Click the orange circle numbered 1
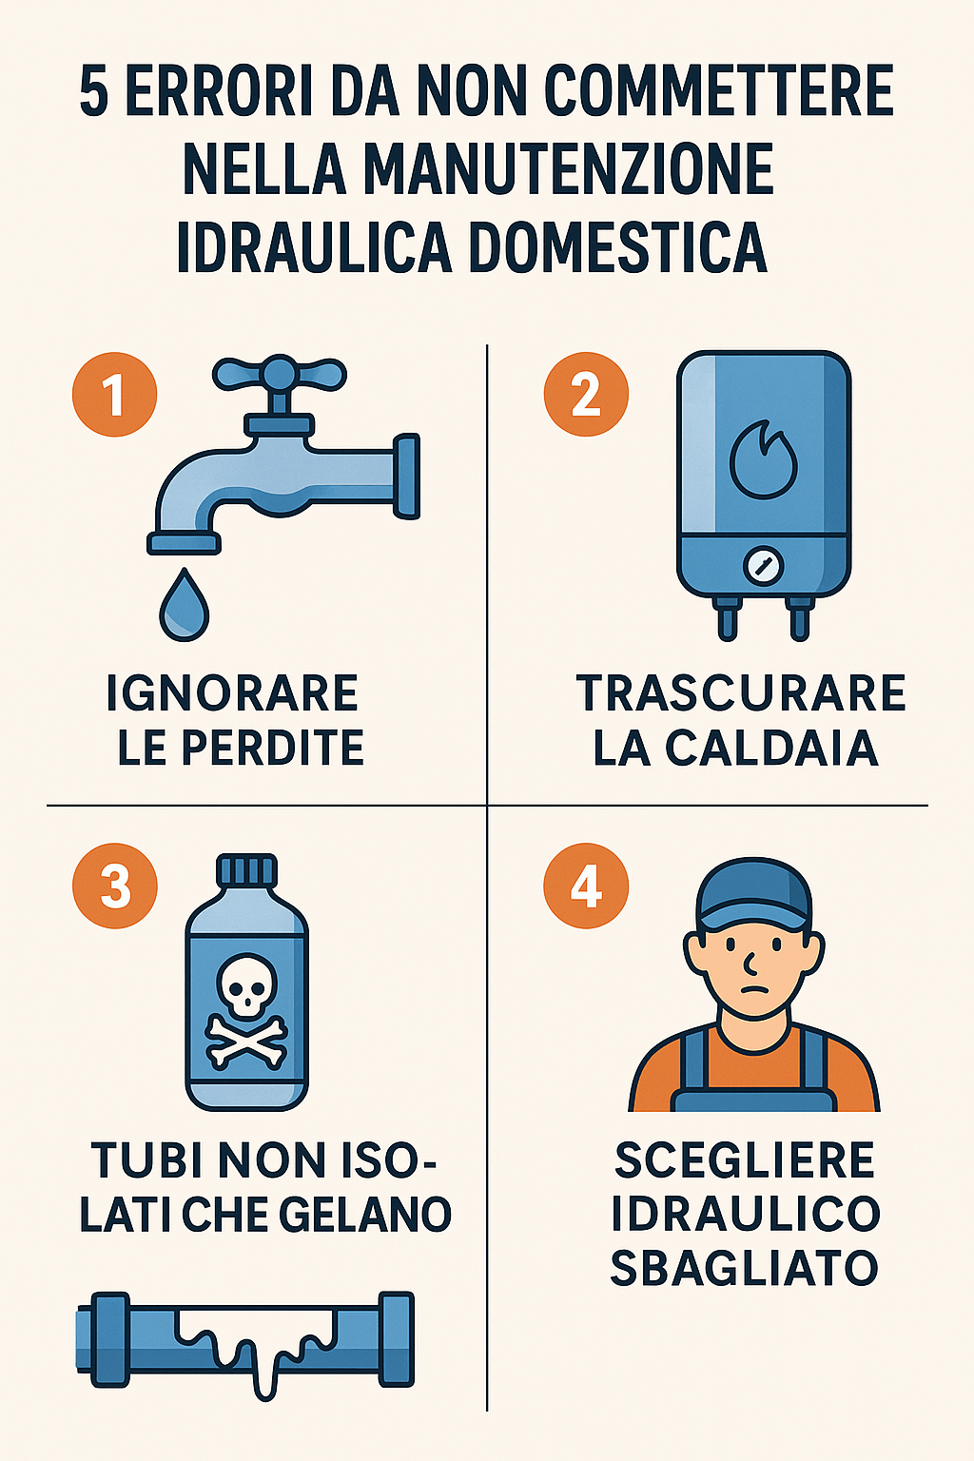pos(114,395)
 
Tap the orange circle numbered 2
pos(586,395)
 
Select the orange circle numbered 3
pos(114,886)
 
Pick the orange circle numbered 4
pos(586,886)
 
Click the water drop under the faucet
pos(184,606)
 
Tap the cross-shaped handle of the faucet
pos(280,374)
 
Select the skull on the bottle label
pos(246,986)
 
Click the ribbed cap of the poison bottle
pos(246,870)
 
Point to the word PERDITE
pos(273,749)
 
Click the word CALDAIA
pos(771,749)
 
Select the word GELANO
pos(377,1215)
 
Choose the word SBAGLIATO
pos(744,1268)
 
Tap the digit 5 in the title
pos(94,92)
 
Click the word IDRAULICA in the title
pos(314,246)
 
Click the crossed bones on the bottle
pos(246,1040)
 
